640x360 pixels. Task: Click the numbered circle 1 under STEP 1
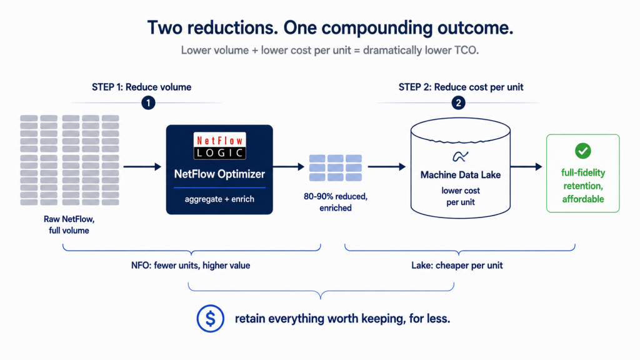click(x=148, y=103)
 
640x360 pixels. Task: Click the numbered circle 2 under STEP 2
click(x=458, y=103)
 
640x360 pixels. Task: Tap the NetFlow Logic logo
click(x=219, y=146)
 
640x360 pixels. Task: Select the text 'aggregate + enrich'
click(x=219, y=199)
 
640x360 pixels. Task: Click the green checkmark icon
click(x=583, y=151)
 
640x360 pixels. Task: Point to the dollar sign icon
click(x=210, y=318)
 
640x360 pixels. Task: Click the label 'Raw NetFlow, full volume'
click(x=69, y=224)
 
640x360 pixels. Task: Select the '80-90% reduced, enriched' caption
click(x=336, y=202)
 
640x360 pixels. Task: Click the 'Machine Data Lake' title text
click(x=461, y=175)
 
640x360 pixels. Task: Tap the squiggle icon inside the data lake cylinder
click(x=461, y=156)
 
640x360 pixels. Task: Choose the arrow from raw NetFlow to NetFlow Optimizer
click(x=142, y=166)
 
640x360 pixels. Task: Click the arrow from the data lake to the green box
click(x=526, y=166)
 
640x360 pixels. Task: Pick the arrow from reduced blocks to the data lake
click(x=386, y=166)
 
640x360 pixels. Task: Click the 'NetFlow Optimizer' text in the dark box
click(x=219, y=174)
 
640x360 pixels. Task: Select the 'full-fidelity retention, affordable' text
click(x=583, y=186)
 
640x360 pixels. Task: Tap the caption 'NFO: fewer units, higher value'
click(x=191, y=265)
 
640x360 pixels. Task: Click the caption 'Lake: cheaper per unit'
click(x=457, y=265)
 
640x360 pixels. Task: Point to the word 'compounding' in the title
click(x=377, y=28)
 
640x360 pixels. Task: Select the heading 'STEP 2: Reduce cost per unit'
click(x=461, y=87)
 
